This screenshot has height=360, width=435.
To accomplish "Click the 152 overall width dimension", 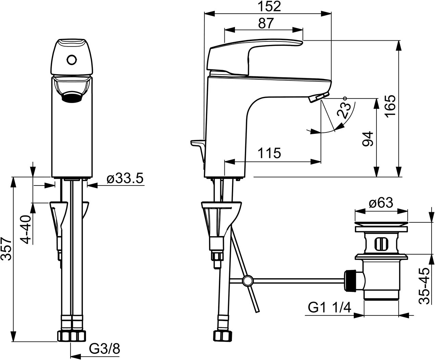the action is pyautogui.click(x=269, y=7).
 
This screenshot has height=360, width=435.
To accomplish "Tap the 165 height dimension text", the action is pyautogui.click(x=390, y=106).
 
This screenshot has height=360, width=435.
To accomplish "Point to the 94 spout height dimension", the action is pyautogui.click(x=368, y=139).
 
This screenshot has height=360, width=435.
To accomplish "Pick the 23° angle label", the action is pyautogui.click(x=344, y=108).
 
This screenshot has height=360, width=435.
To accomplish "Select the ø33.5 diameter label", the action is pyautogui.click(x=125, y=179).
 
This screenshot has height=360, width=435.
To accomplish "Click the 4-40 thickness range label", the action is pyautogui.click(x=26, y=230).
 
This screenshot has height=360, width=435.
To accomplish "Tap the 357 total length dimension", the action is pyautogui.click(x=6, y=249).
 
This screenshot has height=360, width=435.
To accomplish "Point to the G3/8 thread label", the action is pyautogui.click(x=105, y=349).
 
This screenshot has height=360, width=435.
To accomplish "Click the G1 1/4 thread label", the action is pyautogui.click(x=330, y=308).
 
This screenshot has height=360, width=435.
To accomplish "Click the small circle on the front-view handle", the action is pyautogui.click(x=72, y=60).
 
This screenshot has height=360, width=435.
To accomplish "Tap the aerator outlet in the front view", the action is pyautogui.click(x=72, y=98).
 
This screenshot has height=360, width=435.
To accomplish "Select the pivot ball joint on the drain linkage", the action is pyautogui.click(x=248, y=281).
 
